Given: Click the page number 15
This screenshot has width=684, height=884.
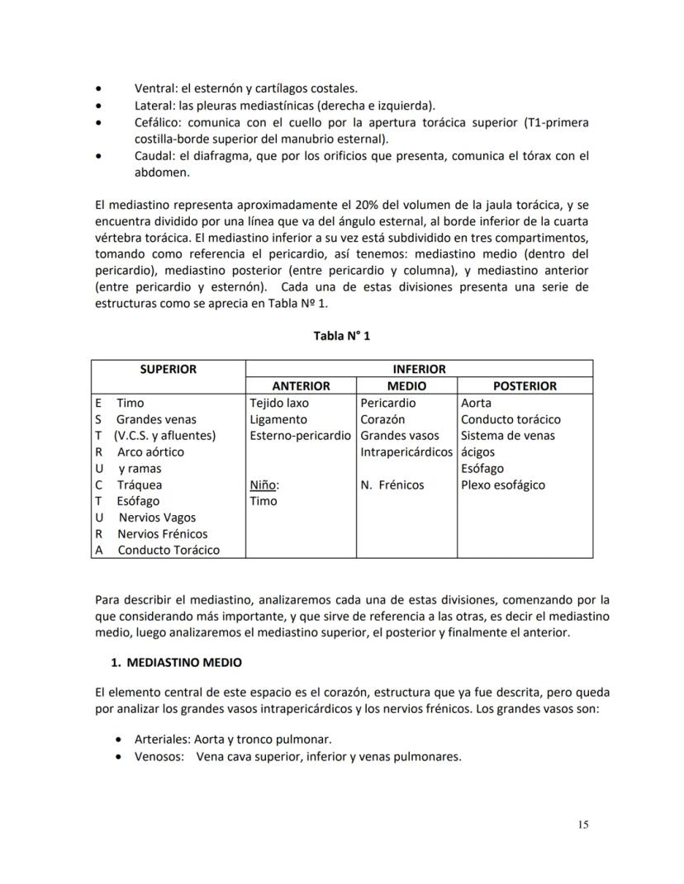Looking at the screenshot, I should coord(583,824).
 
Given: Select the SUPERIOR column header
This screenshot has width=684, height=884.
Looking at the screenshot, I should coord(168,370).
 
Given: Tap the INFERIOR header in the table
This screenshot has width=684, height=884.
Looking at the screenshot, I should coord(419,370).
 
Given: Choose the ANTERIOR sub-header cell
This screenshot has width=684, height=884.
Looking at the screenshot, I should coord(301,386).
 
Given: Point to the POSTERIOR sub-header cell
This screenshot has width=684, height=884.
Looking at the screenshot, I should coord(525,386).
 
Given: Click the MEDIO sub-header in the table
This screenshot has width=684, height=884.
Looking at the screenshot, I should coord(406,386).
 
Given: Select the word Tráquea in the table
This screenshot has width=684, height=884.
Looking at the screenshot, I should coord(139,485).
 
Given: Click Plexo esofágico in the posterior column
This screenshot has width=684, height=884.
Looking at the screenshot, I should coord(503,485).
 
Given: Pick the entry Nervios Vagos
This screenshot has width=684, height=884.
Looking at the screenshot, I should coord(157,518).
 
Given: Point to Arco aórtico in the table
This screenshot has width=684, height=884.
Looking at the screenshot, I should coord(150,452).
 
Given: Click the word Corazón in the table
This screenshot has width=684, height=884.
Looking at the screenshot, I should coord(382,419).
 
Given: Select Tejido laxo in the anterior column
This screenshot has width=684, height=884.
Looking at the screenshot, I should coord(278,404).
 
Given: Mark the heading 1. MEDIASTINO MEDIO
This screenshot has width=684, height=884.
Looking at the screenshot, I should coord(176,663).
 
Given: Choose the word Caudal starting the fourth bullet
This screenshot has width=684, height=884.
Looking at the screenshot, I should coord(154,156).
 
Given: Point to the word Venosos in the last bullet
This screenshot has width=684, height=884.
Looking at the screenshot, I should coord(159,756).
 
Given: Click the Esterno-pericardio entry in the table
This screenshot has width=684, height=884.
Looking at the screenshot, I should coord(300,436).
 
